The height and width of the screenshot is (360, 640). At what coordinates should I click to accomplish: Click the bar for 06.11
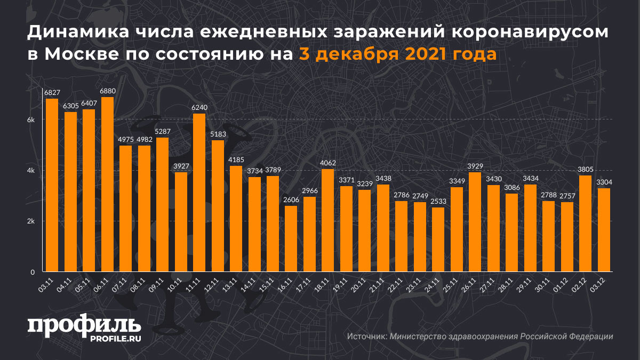point(107,185)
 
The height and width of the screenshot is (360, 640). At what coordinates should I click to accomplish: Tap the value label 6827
point(52,93)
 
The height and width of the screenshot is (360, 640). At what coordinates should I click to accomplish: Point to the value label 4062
point(328,163)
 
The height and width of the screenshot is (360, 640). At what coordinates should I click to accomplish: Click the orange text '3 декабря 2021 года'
point(397,54)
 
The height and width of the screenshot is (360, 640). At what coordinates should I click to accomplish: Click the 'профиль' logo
point(84,326)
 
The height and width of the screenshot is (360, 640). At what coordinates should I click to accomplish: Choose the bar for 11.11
point(199,193)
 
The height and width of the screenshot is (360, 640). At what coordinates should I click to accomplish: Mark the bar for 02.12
point(586,223)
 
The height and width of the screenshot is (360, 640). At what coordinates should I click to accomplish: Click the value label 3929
point(475,166)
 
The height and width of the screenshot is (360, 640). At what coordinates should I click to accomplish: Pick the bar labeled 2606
point(291,239)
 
